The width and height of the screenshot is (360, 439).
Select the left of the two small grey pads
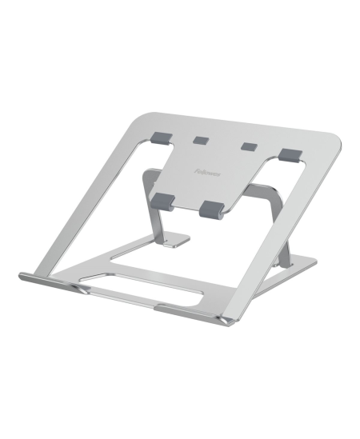click(200, 140)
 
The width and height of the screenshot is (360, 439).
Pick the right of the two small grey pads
click(249, 147)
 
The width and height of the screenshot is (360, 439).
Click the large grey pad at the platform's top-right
click(290, 154)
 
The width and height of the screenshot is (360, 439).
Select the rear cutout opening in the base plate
click(192, 256)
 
